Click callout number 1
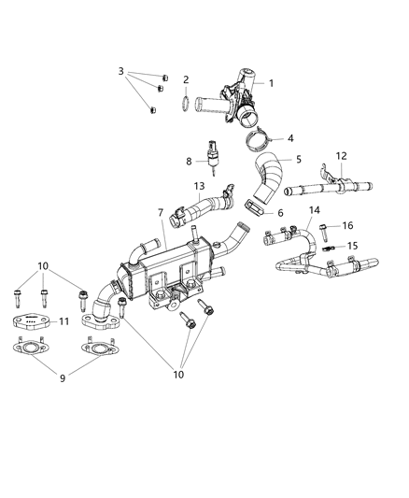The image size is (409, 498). (272, 84)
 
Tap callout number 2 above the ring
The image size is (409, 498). (186, 79)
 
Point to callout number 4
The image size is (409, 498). (290, 138)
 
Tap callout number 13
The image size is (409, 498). (199, 187)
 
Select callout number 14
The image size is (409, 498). (288, 210)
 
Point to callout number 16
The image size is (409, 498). (347, 225)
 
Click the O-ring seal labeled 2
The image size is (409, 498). (185, 102)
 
